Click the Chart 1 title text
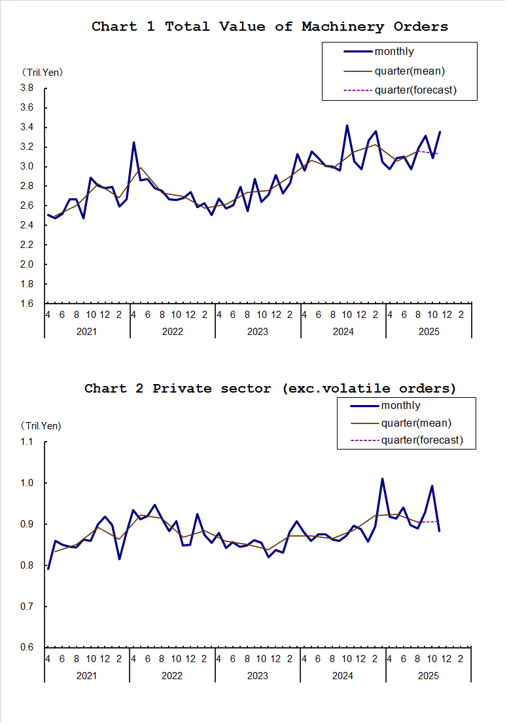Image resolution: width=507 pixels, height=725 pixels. click(x=270, y=27)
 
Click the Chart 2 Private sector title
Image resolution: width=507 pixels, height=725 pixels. click(x=270, y=389)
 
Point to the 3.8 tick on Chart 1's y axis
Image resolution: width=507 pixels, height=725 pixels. click(x=27, y=88)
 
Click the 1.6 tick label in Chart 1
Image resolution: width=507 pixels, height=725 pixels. click(x=27, y=304)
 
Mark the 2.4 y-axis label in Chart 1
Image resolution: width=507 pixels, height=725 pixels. click(x=27, y=225)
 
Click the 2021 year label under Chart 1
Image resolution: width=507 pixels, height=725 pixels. click(x=86, y=331)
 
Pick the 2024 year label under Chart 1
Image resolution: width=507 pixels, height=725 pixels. click(x=343, y=331)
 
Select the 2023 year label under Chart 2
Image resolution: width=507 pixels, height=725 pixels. click(x=257, y=675)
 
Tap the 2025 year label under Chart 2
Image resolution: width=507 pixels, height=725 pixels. click(x=428, y=675)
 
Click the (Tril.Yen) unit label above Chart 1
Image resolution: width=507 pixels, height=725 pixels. click(x=42, y=72)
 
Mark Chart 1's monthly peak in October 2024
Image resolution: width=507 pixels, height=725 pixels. click(x=347, y=125)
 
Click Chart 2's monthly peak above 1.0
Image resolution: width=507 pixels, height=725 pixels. click(x=382, y=479)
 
